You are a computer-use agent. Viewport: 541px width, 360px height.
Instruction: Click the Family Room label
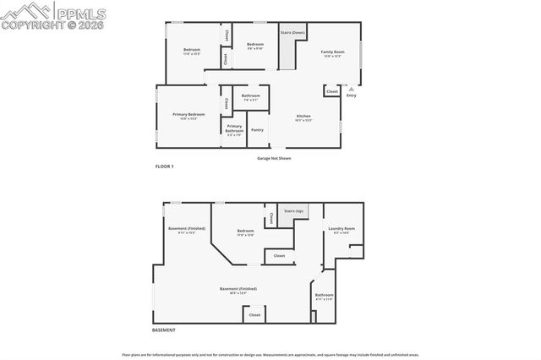coord(331,52)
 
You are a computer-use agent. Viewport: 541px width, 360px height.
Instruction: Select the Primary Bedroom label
coord(189,115)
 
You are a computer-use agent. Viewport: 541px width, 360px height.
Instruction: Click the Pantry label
coord(257,129)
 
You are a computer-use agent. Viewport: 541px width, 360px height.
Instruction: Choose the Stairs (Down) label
coord(292,32)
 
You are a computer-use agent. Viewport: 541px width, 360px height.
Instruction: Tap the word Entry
coord(351,95)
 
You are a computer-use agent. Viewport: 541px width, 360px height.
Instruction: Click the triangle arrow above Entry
coord(351,87)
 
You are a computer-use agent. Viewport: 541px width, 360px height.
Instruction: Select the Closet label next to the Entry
coord(332,91)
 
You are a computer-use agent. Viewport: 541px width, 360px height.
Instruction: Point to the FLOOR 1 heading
coord(164,166)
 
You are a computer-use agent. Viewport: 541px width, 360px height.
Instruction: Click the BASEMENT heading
coord(165,329)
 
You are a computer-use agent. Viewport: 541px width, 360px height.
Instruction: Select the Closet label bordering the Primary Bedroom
coord(227,103)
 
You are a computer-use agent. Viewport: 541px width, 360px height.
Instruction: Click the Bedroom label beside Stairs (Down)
coord(254,45)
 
